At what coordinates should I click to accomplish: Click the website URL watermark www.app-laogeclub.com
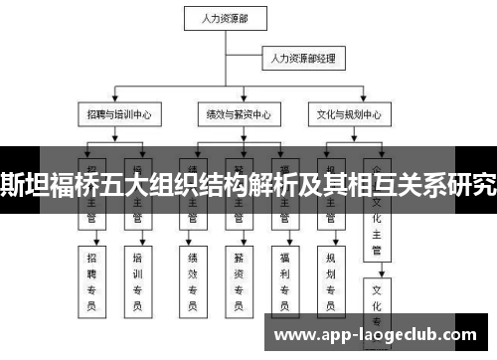(x=383, y=334)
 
